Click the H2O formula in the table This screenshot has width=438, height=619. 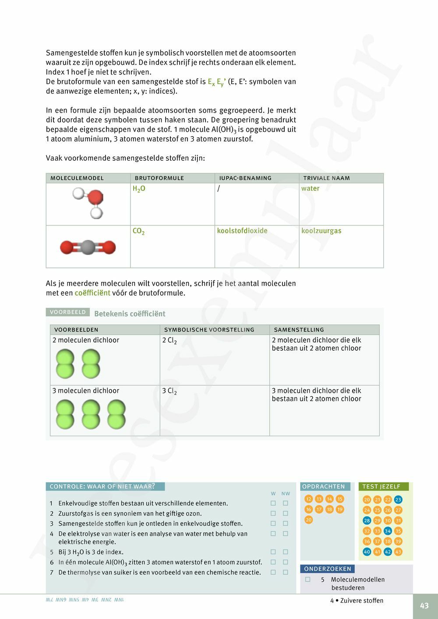139,189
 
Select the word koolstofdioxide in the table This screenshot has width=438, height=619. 242,231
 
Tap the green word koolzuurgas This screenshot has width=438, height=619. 321,231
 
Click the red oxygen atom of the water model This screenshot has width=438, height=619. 95,197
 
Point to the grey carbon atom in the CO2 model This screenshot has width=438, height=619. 88,247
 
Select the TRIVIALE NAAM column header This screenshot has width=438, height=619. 326,178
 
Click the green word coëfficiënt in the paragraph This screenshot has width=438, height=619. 92,293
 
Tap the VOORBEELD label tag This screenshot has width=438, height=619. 68,312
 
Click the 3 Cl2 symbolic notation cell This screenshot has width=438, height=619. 170,391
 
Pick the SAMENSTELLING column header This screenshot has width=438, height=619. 299,330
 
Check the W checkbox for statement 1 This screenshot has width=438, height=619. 273,503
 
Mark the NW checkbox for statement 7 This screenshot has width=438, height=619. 286,572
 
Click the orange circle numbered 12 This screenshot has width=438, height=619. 309,499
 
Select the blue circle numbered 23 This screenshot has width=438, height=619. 398,499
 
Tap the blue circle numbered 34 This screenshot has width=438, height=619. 388,531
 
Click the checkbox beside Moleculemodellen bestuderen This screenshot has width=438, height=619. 308,579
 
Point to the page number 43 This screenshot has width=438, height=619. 424,606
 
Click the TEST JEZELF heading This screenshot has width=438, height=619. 381,486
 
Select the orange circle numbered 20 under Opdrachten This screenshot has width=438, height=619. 309,520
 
